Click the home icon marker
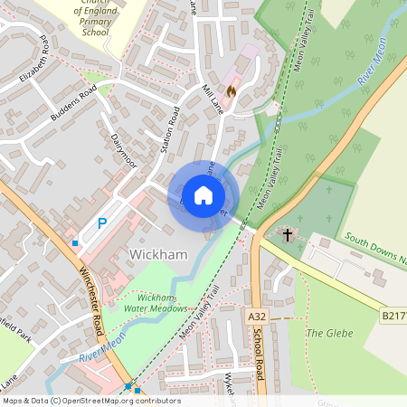coord(203,194)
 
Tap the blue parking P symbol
coord(102,222)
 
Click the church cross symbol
coord(288,235)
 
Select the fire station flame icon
coord(231,90)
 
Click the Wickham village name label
coord(159,254)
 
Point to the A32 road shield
coord(257,317)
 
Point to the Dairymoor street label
coord(123,149)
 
